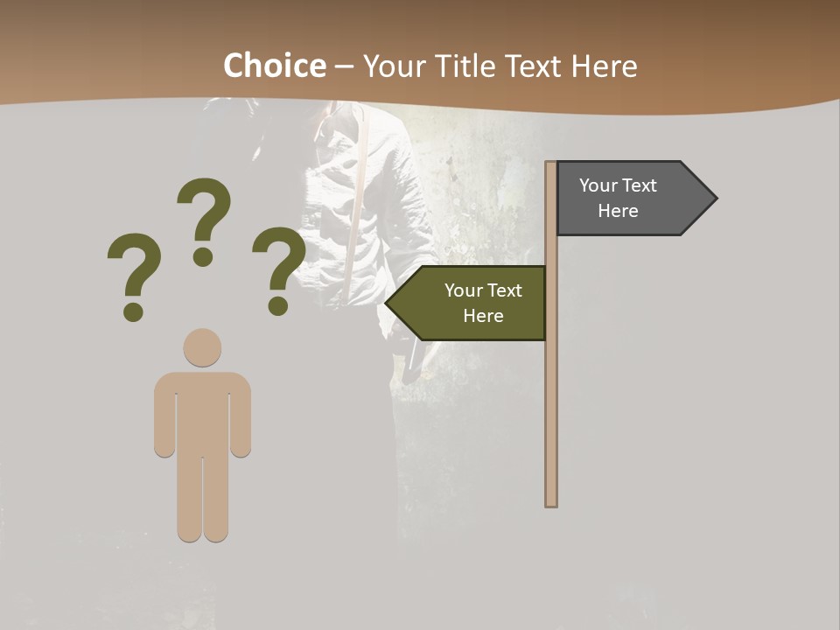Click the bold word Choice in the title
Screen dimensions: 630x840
point(274,66)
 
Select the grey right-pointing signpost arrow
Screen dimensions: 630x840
point(630,198)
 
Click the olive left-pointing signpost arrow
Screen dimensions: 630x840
point(472,303)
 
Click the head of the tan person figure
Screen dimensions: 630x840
point(203,347)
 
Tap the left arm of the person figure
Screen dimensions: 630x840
point(164,416)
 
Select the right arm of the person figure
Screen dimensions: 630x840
point(241,416)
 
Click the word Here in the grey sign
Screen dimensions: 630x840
point(618,211)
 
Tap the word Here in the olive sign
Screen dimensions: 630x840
point(483,316)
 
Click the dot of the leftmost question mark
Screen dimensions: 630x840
point(133,311)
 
